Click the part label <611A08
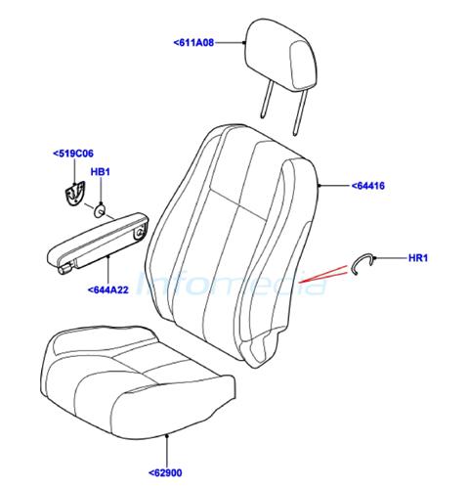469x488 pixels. pyautogui.click(x=193, y=43)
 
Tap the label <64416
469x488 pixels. pyautogui.click(x=367, y=186)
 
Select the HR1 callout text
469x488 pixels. pyautogui.click(x=418, y=258)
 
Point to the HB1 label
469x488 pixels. pyautogui.click(x=101, y=172)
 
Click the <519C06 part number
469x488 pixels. pyautogui.click(x=73, y=154)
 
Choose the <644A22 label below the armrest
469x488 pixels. pyautogui.click(x=108, y=289)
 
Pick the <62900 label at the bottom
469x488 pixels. pyautogui.click(x=165, y=472)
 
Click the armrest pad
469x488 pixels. pyautogui.click(x=98, y=242)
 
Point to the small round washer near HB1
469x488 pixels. pyautogui.click(x=100, y=211)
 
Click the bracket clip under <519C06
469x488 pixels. pyautogui.click(x=74, y=194)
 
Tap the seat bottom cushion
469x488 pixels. pyautogui.click(x=139, y=381)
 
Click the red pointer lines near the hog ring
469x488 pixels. pyautogui.click(x=323, y=274)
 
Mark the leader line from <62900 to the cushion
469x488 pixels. pyautogui.click(x=167, y=451)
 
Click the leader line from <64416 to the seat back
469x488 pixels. pyautogui.click(x=333, y=186)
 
